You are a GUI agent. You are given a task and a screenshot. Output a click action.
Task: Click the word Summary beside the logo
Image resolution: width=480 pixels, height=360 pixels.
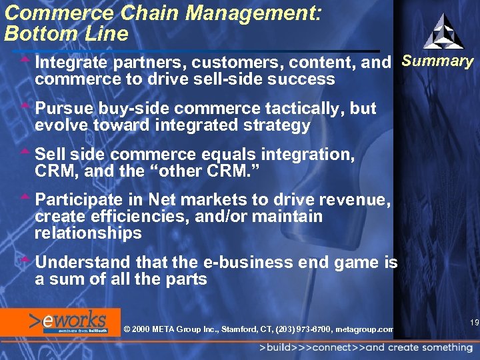tap(437, 62)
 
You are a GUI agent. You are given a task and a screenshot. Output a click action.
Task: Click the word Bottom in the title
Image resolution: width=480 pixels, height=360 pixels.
tap(38, 33)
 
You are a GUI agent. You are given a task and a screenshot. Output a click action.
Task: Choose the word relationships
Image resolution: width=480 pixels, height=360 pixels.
tap(88, 233)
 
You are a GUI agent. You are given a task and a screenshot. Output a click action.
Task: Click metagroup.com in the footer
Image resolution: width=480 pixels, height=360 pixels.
tap(365, 329)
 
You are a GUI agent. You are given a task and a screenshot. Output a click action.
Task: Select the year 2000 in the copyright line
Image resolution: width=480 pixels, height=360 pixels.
tap(142, 329)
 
